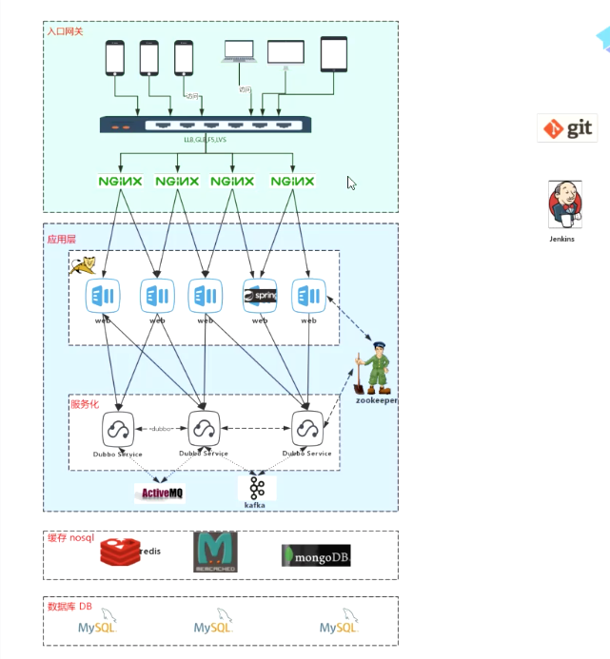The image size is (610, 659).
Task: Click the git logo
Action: [567, 127]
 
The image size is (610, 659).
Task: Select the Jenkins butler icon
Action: [561, 205]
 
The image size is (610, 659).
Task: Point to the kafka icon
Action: [256, 489]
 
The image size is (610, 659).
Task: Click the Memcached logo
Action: [215, 552]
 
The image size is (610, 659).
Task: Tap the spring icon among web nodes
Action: [260, 298]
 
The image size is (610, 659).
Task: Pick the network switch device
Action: [205, 125]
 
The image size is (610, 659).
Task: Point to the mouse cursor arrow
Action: [351, 184]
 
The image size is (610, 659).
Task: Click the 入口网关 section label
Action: [66, 31]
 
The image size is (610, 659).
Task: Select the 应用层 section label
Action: [61, 239]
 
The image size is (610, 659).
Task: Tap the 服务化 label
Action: [84, 403]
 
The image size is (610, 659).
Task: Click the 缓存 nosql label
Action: [71, 538]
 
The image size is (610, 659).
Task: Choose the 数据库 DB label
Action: [69, 606]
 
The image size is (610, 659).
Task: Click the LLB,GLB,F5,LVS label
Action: [205, 140]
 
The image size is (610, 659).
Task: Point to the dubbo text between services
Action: [159, 430]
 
